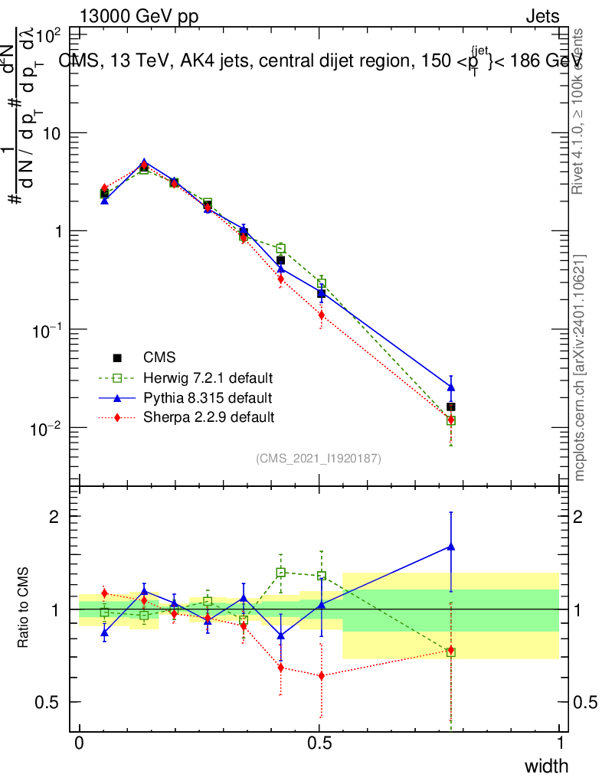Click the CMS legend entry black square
coord(118,358)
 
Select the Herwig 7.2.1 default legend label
coord(208,378)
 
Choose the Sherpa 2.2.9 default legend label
coord(208,417)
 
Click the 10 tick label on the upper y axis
coord(50,133)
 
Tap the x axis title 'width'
coord(546,766)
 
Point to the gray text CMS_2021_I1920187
coord(319,458)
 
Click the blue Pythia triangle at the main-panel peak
coord(144,163)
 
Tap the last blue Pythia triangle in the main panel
coord(451,387)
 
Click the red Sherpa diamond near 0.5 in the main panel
coord(322,315)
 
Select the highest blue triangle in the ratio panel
coord(451,547)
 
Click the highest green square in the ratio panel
coord(281,572)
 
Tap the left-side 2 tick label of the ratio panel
coord(54,516)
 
